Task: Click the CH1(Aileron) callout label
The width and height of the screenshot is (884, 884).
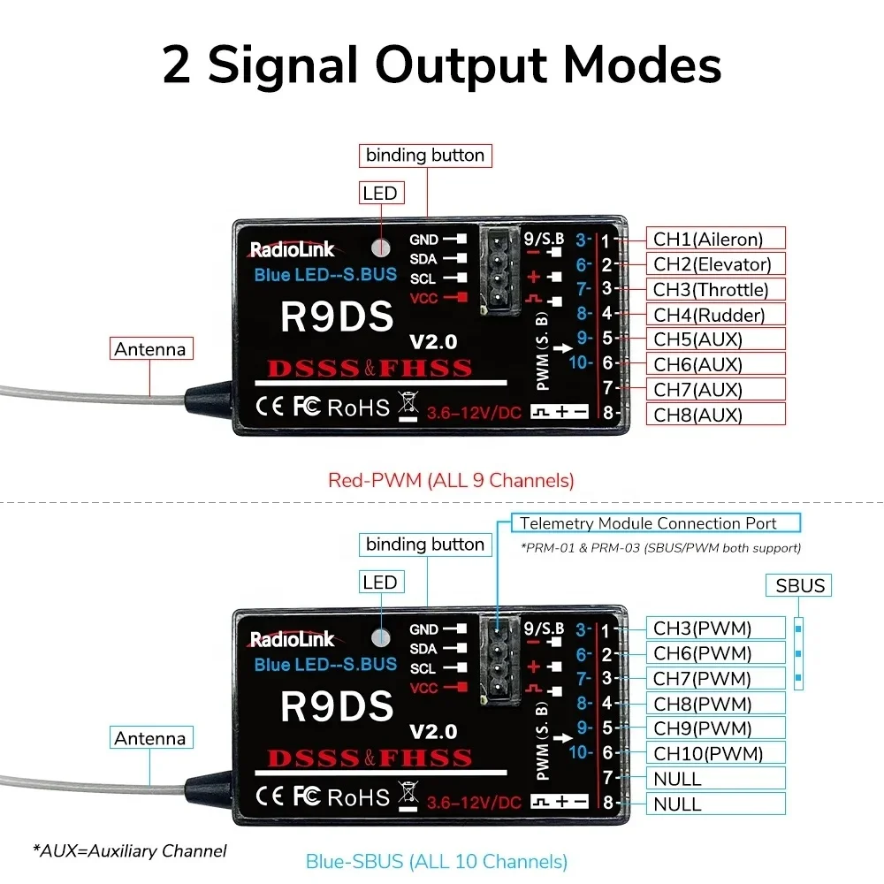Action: click(716, 238)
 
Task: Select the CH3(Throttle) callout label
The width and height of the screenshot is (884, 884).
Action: click(716, 289)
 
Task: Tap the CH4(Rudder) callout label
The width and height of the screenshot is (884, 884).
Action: click(716, 314)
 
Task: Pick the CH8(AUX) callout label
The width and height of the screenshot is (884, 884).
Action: click(716, 414)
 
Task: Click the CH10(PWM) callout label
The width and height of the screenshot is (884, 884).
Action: click(716, 753)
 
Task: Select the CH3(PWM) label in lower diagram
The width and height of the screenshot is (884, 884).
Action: click(716, 629)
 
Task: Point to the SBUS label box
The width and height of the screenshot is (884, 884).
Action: click(799, 585)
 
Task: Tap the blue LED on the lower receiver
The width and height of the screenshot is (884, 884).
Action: click(381, 636)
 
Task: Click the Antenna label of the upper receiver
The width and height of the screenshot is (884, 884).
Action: click(150, 349)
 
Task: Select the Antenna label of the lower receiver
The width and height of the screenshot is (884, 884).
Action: click(150, 738)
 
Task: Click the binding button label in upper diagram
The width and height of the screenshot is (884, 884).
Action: click(426, 156)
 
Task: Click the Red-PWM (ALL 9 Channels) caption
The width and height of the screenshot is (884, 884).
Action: click(451, 481)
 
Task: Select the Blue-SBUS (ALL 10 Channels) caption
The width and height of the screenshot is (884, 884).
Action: click(436, 860)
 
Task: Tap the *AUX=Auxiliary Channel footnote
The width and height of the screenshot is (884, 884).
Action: click(130, 850)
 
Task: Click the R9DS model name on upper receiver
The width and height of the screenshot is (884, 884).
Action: click(337, 317)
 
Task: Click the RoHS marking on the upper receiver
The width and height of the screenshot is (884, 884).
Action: click(358, 408)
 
